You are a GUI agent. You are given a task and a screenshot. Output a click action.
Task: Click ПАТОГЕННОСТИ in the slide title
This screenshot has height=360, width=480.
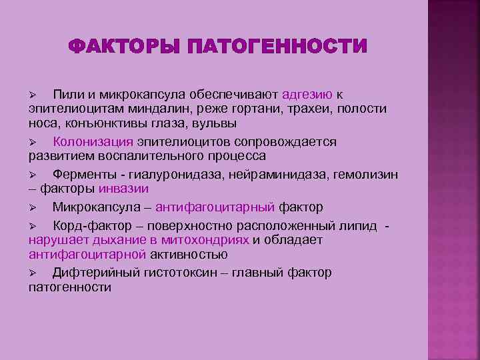pos(278,47)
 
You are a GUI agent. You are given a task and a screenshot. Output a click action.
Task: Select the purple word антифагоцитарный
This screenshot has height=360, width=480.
pos(217,207)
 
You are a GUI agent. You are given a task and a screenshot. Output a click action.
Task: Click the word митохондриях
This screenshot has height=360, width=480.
pos(209,240)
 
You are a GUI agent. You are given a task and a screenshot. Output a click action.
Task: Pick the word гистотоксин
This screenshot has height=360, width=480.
pos(180,273)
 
